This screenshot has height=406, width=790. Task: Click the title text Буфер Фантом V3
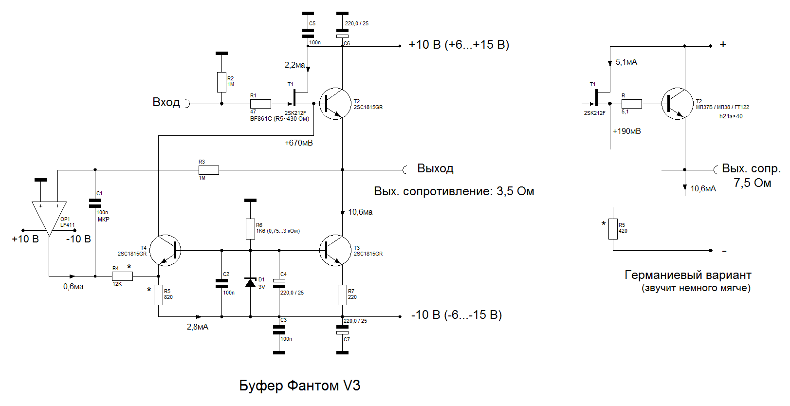tap(299, 386)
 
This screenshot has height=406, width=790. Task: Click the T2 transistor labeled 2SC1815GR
tap(335, 104)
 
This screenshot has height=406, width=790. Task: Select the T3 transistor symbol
tap(335, 250)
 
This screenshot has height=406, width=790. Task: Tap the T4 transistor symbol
tap(165, 250)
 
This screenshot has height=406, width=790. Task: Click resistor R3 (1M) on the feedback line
tap(208, 170)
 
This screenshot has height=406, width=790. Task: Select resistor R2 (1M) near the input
tap(221, 82)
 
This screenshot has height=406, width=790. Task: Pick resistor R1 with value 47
tap(260, 104)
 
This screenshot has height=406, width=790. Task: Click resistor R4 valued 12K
tap(122, 276)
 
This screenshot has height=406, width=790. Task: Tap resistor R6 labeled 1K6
tap(250, 229)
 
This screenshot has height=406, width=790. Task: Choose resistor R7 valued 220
tap(342, 295)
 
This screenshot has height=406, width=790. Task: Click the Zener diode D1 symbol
tap(250, 283)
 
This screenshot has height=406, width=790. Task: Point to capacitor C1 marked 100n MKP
tap(95, 203)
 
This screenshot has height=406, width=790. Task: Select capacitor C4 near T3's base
tap(279, 283)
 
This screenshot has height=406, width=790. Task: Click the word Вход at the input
tap(166, 102)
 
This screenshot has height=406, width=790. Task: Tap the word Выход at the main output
tap(435, 168)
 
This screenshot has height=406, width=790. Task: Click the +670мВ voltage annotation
tap(298, 143)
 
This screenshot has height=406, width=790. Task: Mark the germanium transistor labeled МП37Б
tap(677, 104)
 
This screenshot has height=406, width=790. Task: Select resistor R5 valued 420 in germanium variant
tap(613, 229)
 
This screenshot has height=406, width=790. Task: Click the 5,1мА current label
tap(626, 62)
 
